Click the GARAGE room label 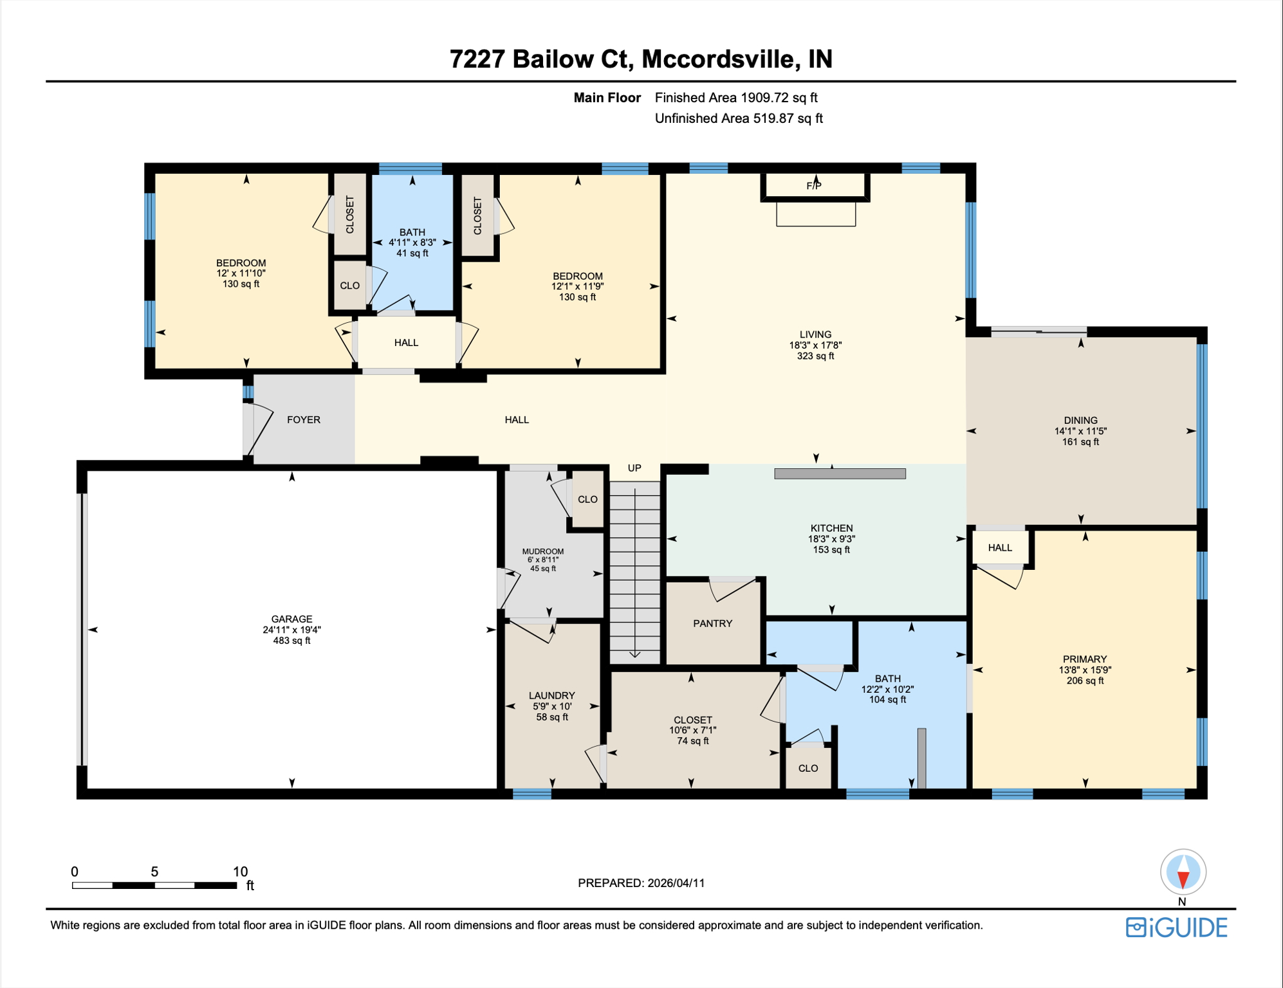(291, 619)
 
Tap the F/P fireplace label (814, 186)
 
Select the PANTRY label (712, 623)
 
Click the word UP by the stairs (634, 468)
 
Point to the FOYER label (303, 419)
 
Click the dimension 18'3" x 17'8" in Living (815, 345)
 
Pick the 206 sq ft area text (1085, 681)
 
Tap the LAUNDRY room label (551, 695)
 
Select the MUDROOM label (542, 551)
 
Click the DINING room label (1080, 420)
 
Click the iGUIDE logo (1176, 927)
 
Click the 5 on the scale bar (154, 872)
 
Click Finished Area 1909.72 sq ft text (735, 98)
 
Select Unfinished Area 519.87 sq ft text (738, 118)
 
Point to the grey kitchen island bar (840, 474)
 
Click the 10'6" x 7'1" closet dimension (692, 730)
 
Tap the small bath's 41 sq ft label (412, 253)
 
